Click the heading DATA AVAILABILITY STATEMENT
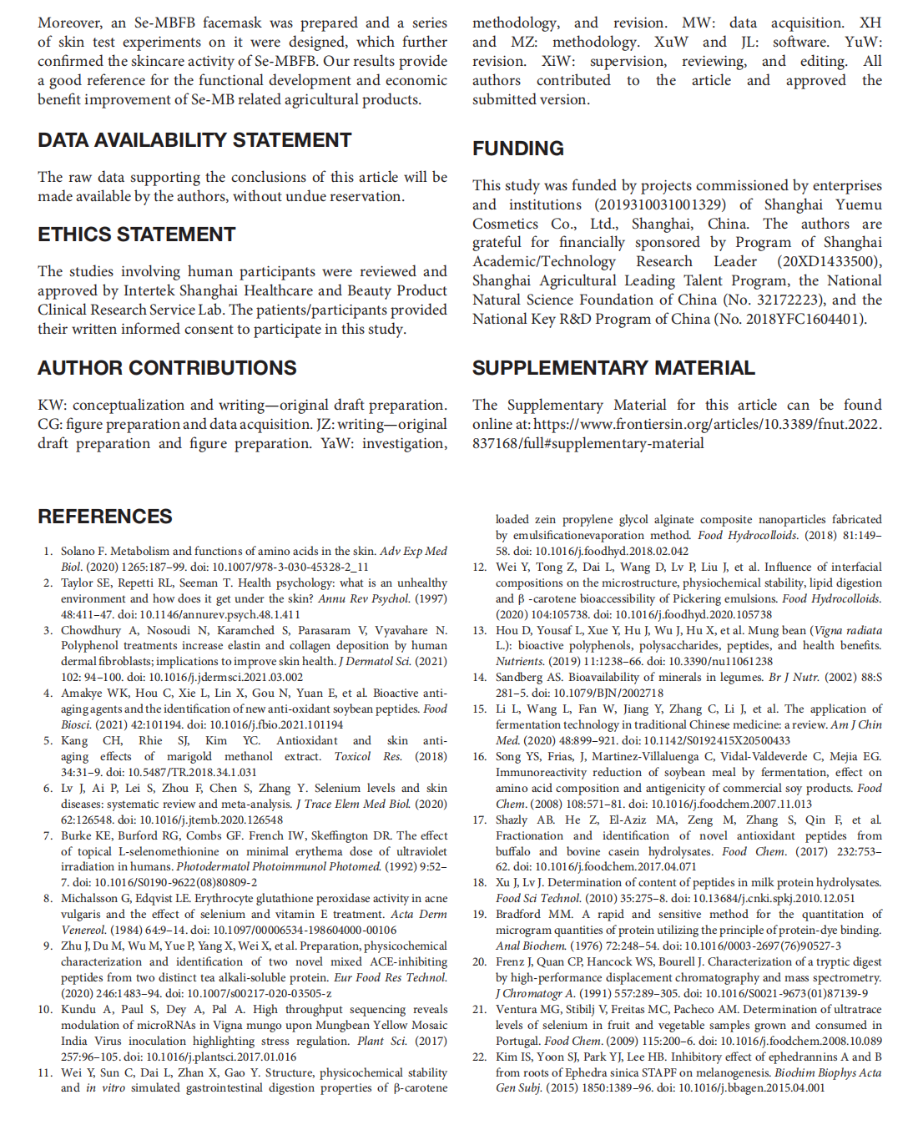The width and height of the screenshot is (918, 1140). tap(194, 140)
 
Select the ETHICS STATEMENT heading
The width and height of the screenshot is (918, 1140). tap(137, 235)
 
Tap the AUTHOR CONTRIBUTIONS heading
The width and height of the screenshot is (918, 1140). tap(167, 368)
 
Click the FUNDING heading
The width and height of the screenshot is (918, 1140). tap(518, 149)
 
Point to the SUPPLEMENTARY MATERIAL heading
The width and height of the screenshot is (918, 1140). tap(613, 368)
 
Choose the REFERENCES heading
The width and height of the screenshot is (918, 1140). tap(105, 517)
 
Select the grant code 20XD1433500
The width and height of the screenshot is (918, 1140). tap(830, 261)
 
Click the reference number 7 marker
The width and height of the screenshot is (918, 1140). tap(48, 835)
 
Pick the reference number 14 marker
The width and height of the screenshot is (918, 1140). tap(479, 677)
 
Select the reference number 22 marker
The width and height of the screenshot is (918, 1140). tap(479, 1057)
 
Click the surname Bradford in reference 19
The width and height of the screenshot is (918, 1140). tap(517, 914)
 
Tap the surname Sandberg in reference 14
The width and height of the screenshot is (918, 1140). tap(519, 677)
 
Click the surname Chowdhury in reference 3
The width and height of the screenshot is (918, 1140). tap(91, 630)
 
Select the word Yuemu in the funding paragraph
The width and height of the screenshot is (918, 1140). tap(859, 204)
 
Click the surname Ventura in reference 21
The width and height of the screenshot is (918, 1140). tap(516, 1009)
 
